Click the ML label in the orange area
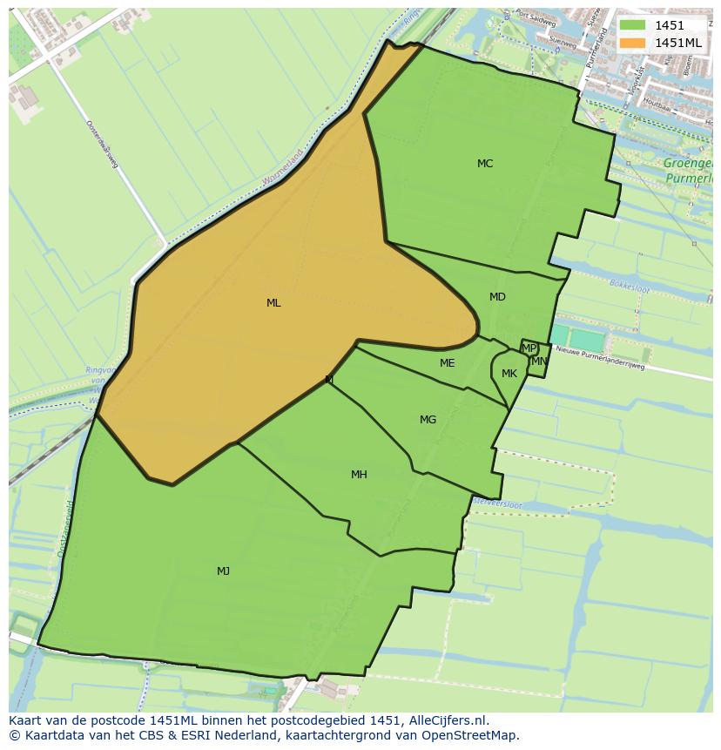[273, 303]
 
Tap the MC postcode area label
[485, 164]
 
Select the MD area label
[497, 297]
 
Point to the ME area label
[447, 363]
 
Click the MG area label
[428, 420]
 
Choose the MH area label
[359, 475]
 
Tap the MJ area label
[224, 571]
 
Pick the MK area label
[509, 374]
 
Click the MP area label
[529, 348]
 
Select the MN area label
[539, 361]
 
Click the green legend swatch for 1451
[633, 26]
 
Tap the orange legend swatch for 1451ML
[633, 43]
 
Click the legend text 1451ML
[678, 43]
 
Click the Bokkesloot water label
[630, 284]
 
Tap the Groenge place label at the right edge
[688, 163]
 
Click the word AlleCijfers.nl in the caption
[445, 720]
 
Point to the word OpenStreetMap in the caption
[471, 735]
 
